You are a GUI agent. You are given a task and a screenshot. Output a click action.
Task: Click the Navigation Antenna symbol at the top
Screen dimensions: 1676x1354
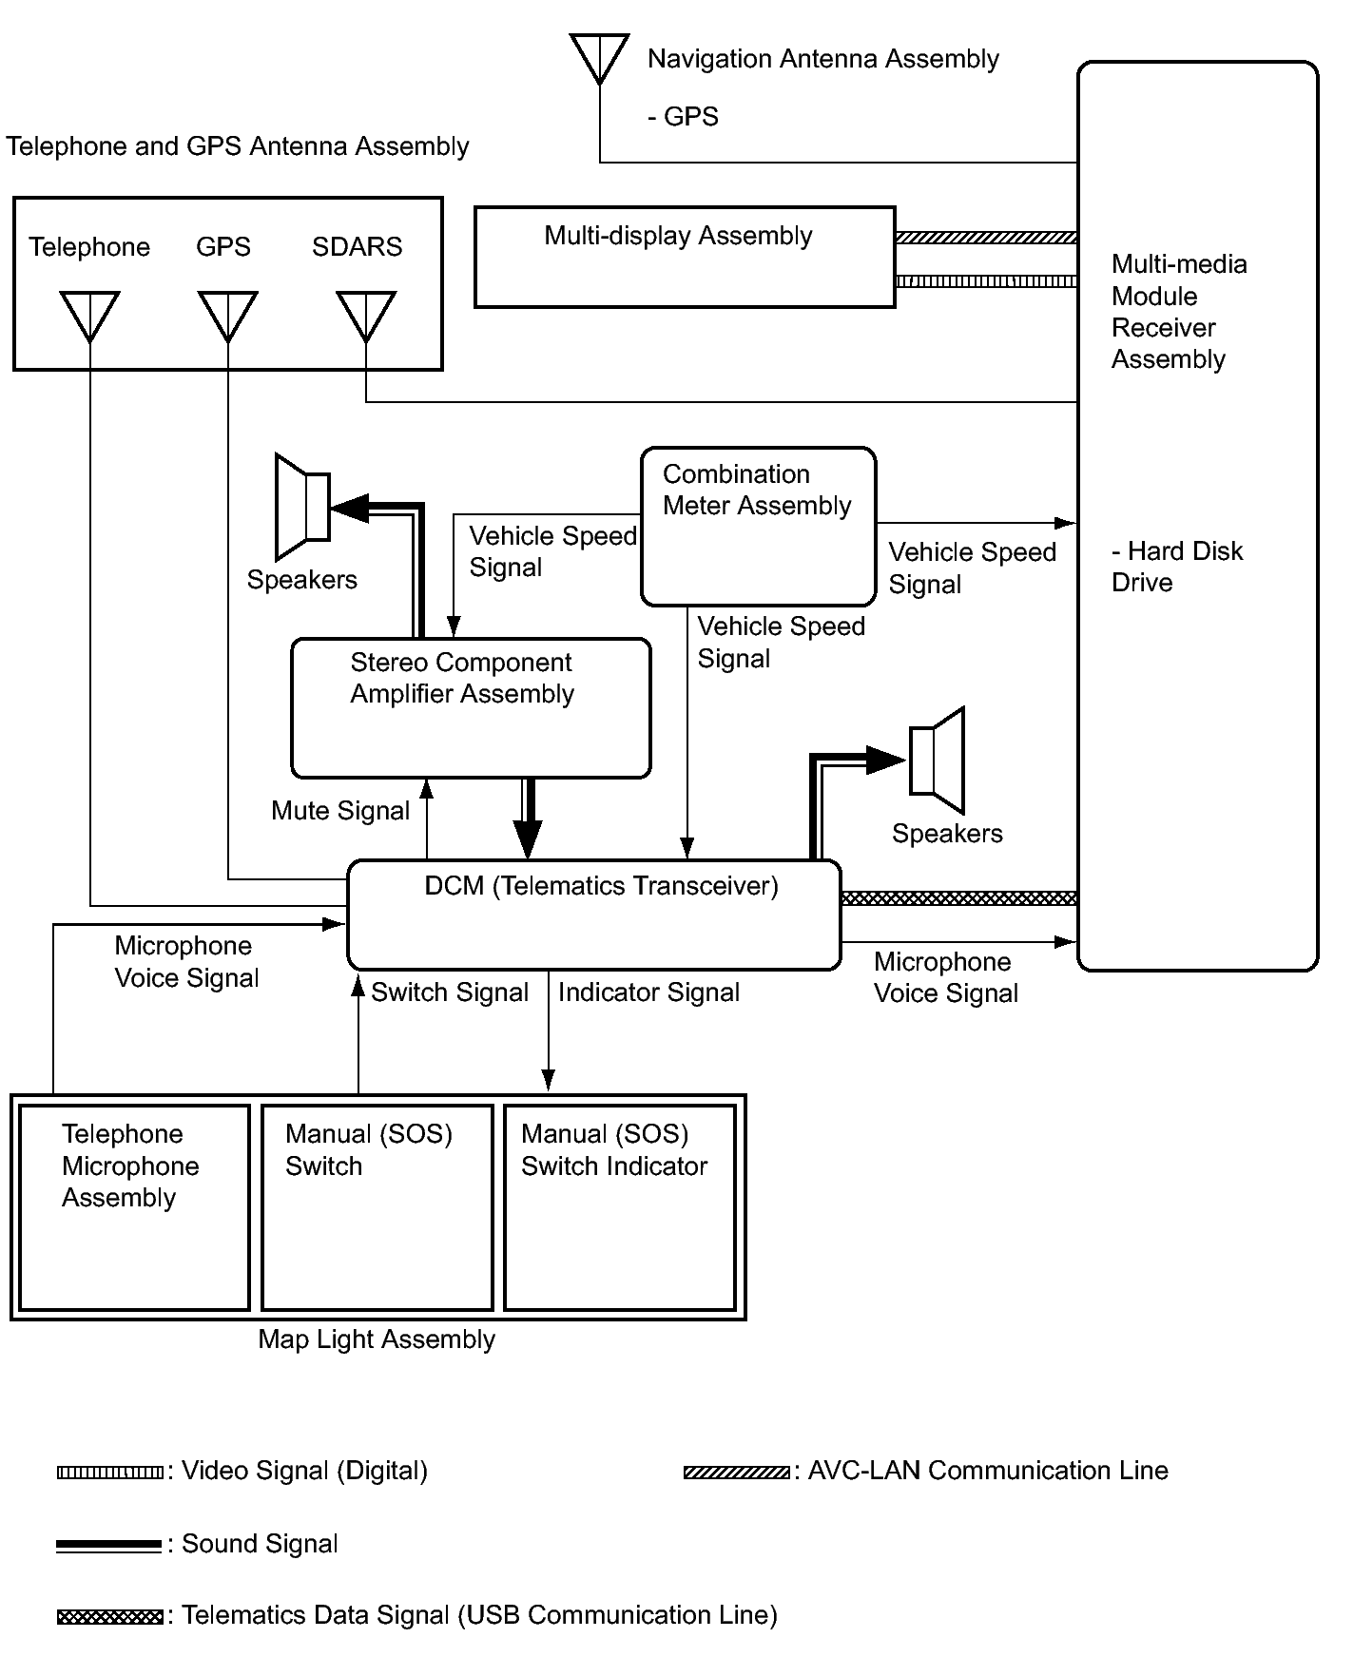(599, 57)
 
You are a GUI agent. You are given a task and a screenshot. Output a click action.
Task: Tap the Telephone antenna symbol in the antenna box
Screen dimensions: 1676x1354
(89, 315)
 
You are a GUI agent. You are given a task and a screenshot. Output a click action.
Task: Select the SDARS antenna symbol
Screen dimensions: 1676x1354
(366, 315)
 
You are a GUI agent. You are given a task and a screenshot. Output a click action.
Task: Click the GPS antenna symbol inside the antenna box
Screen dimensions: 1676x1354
(228, 315)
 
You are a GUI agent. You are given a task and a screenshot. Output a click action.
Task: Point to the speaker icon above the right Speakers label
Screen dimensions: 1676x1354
(938, 760)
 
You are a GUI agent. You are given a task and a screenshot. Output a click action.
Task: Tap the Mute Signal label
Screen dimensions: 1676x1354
(340, 811)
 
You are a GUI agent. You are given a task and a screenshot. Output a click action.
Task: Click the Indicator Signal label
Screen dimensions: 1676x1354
(648, 992)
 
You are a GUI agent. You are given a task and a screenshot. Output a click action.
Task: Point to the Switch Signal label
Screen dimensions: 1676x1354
(450, 992)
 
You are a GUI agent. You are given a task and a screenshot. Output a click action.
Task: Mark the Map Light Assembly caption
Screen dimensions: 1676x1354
(377, 1339)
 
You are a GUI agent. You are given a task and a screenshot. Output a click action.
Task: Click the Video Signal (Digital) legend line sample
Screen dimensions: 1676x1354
(109, 1473)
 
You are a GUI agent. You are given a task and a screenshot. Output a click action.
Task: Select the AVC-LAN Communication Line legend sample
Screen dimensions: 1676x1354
(736, 1473)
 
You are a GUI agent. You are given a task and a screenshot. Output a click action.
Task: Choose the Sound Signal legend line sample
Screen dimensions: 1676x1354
(109, 1546)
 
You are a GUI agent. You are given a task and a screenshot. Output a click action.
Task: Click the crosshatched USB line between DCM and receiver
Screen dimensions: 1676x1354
(958, 898)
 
